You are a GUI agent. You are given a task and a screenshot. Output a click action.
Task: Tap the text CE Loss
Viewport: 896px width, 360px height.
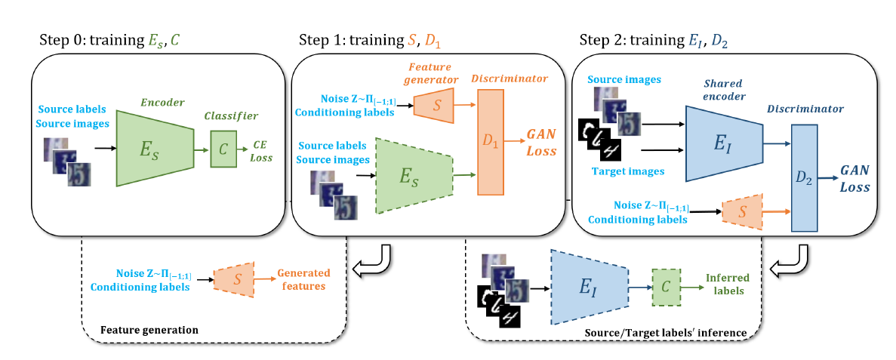pyautogui.click(x=262, y=150)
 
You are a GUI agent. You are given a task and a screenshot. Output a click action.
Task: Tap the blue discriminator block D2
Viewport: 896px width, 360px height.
pyautogui.click(x=806, y=178)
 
